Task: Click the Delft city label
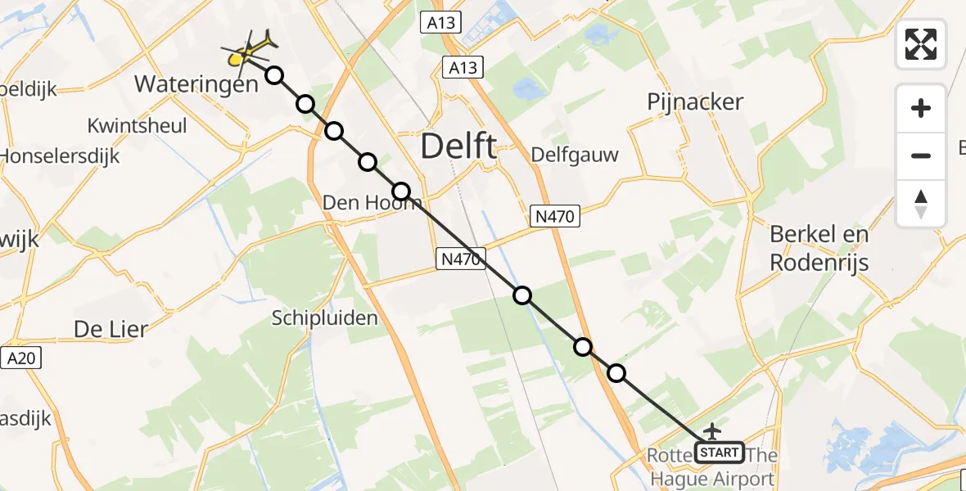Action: (x=458, y=147)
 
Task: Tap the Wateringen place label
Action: (x=195, y=83)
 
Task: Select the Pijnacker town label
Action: (x=695, y=102)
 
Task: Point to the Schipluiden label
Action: (x=325, y=318)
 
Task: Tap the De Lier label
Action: (x=111, y=329)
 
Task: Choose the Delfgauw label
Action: (x=575, y=155)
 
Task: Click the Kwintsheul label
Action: (x=138, y=126)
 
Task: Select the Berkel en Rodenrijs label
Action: (x=819, y=248)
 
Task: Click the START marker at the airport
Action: (x=719, y=452)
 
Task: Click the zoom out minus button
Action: (x=921, y=155)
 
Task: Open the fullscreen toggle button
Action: (x=921, y=43)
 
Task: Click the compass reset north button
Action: (x=921, y=203)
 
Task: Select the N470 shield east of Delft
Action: (x=557, y=216)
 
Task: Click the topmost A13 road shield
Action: (x=441, y=23)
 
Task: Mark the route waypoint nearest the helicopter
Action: (x=274, y=75)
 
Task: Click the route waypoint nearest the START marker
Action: (x=616, y=373)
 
